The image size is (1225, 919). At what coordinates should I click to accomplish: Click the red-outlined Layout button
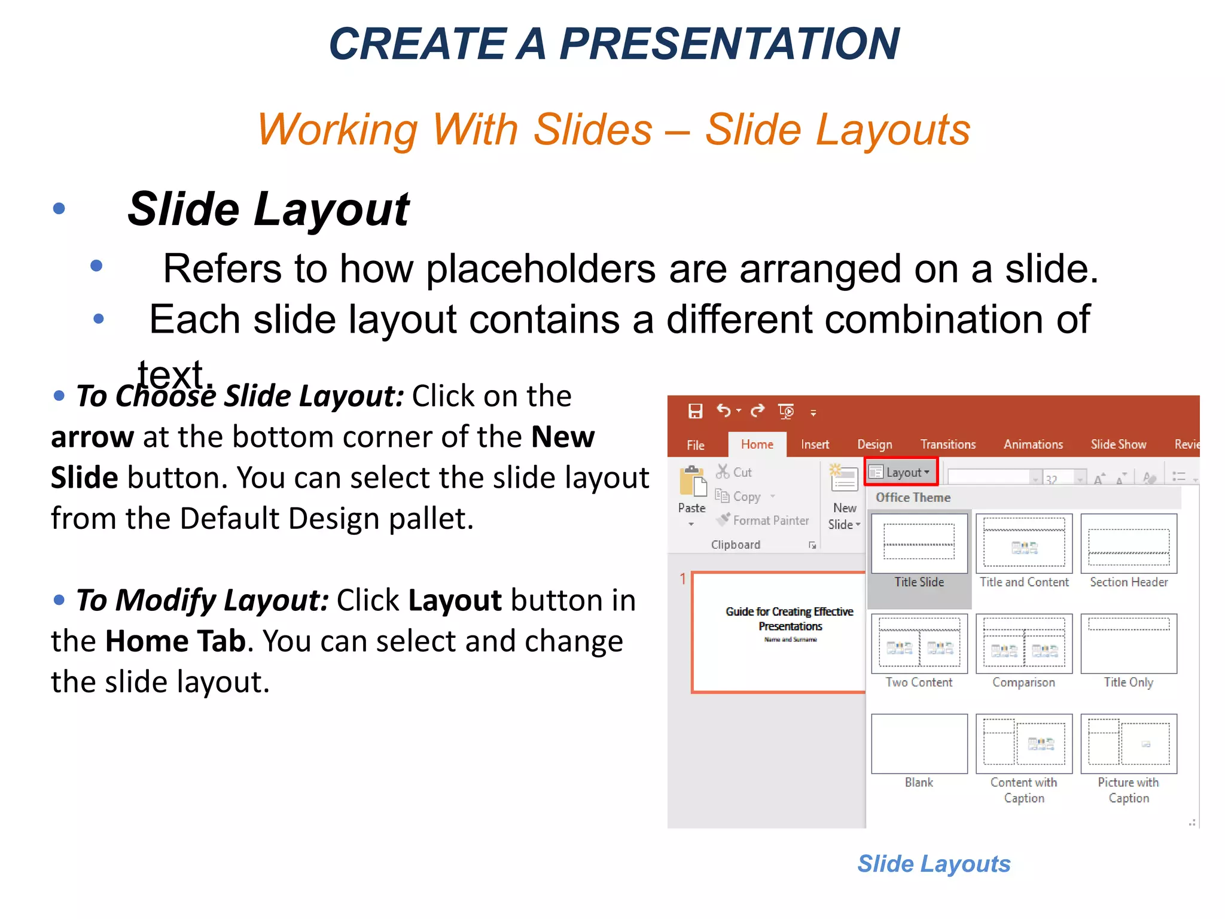coord(901,472)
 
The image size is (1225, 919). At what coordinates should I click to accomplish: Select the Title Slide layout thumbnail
coord(919,543)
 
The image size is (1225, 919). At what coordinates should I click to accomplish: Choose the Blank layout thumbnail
coord(919,744)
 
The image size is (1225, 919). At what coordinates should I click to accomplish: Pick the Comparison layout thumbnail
coord(1023,644)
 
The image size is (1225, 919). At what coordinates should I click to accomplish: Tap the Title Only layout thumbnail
coord(1128,644)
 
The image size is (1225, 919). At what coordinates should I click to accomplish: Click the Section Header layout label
coord(1128,582)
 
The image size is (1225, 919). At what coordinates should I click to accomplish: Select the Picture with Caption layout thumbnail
coord(1128,744)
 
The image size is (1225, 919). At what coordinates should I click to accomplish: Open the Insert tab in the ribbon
coord(815,445)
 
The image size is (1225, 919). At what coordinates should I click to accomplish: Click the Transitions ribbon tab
coord(947,445)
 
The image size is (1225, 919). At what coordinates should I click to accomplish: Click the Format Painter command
coord(770,521)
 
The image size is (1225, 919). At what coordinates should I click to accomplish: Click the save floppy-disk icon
coord(695,411)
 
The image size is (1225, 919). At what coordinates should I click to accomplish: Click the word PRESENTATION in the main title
coord(729,44)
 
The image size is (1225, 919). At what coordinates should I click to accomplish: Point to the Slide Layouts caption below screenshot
coord(933,863)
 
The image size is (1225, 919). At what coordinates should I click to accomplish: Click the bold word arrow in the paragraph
coord(92,437)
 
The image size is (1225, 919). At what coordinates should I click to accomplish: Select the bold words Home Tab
coord(175,641)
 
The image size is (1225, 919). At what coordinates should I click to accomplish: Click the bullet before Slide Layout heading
coord(59,208)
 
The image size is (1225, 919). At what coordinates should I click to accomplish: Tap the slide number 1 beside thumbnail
coord(682,579)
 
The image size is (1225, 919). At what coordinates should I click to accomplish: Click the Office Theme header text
coord(913,497)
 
